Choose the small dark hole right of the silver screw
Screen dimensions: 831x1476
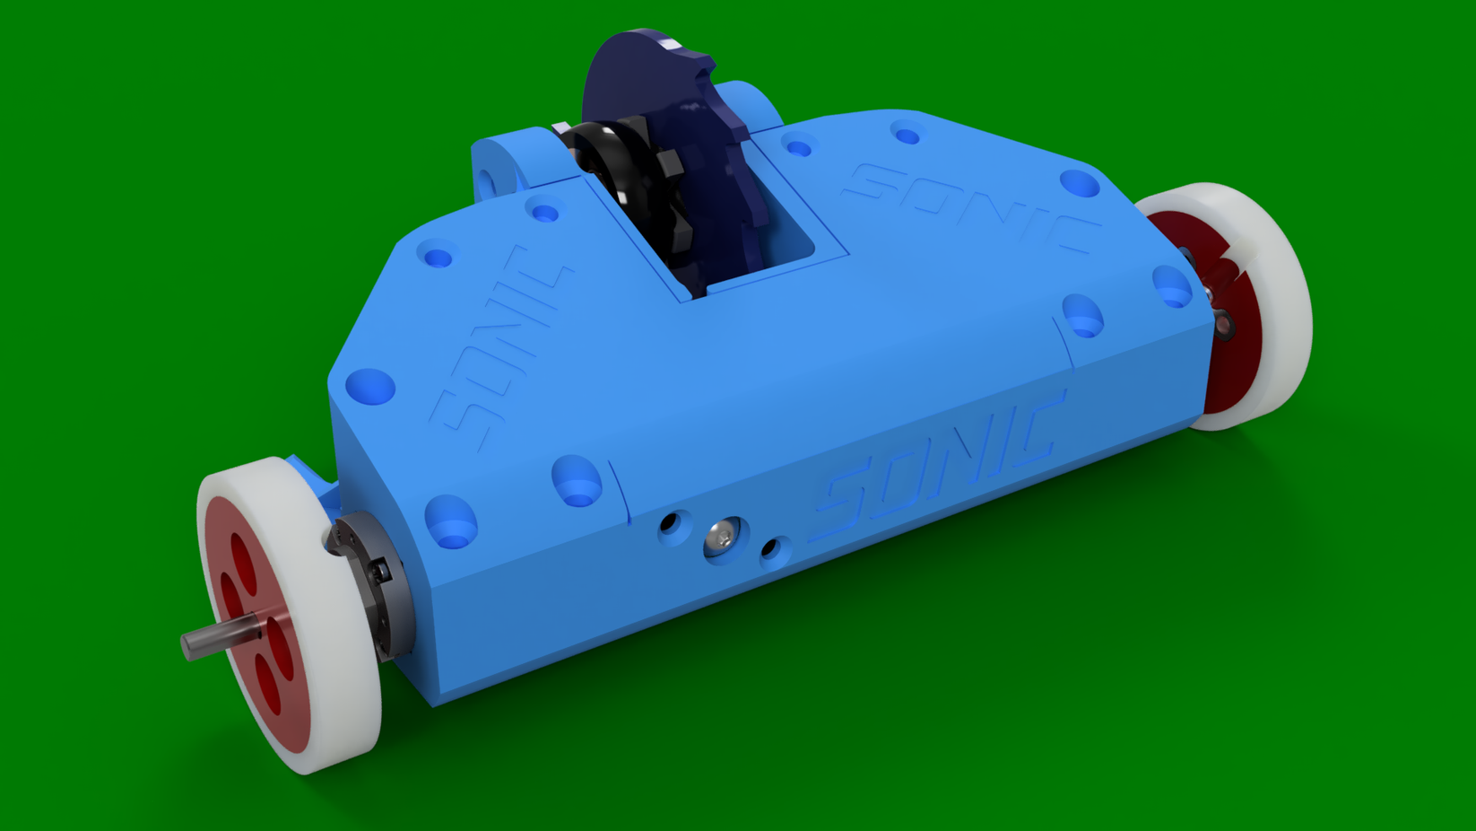[769, 547]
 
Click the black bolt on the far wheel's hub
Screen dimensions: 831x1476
[1224, 323]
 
